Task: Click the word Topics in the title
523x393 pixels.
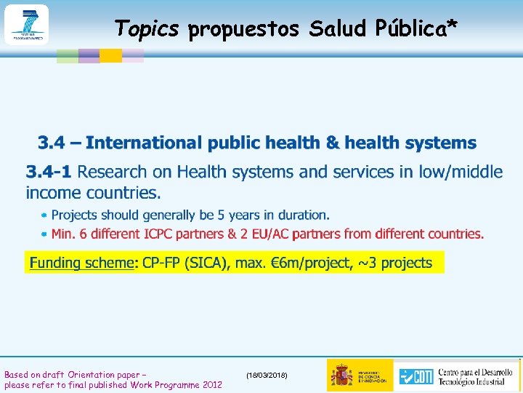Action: point(146,28)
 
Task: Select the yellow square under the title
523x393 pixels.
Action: point(110,55)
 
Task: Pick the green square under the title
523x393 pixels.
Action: point(68,55)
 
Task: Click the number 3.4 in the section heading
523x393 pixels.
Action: point(53,143)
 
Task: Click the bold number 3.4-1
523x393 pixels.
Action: point(49,172)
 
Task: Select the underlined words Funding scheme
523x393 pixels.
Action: point(81,263)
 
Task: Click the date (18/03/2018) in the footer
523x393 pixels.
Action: point(267,375)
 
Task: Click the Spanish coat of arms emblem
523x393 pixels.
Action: point(341,375)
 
